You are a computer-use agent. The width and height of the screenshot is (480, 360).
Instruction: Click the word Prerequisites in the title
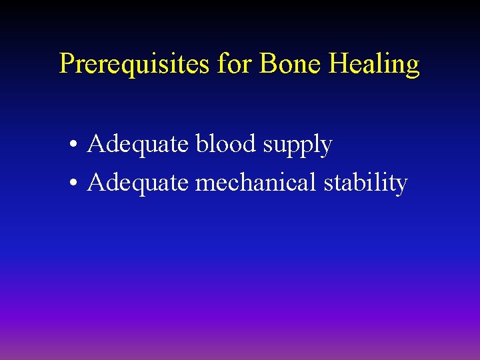pos(135,65)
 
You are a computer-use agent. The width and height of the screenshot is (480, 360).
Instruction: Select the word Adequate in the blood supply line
pos(138,145)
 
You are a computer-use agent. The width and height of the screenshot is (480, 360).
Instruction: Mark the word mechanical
pos(256,182)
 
